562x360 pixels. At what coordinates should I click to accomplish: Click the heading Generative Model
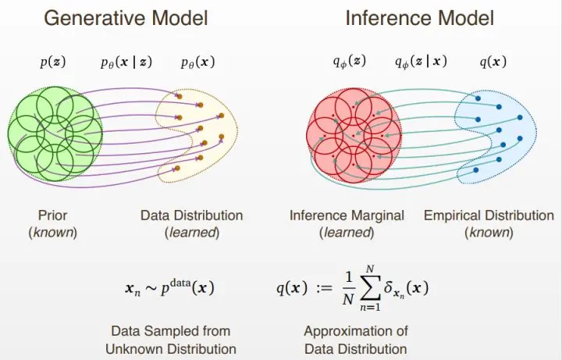pyautogui.click(x=125, y=18)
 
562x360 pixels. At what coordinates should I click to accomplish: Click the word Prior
pyautogui.click(x=54, y=215)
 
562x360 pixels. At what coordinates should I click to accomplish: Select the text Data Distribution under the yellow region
pyautogui.click(x=191, y=215)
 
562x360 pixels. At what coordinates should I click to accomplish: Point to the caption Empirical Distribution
pyautogui.click(x=489, y=215)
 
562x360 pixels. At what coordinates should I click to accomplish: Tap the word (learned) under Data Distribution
pyautogui.click(x=191, y=232)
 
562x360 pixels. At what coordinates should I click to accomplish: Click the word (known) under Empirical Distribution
pyautogui.click(x=489, y=232)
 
